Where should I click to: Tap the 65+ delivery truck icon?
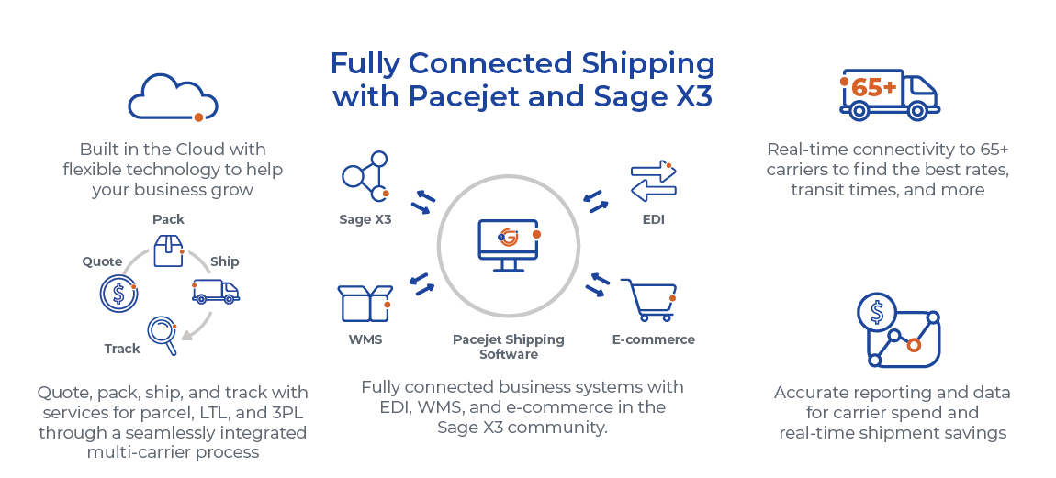(x=889, y=95)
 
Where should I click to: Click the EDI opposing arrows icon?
(x=653, y=181)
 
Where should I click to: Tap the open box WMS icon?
(x=365, y=303)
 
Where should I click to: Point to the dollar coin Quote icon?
(x=118, y=294)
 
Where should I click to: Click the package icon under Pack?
(x=168, y=250)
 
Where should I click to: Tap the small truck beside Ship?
(x=216, y=291)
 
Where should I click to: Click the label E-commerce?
(x=653, y=339)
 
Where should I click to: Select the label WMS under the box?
(x=365, y=339)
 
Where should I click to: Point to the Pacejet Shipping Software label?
(x=508, y=347)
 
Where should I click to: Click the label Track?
(x=122, y=349)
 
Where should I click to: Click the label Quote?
(x=102, y=261)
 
